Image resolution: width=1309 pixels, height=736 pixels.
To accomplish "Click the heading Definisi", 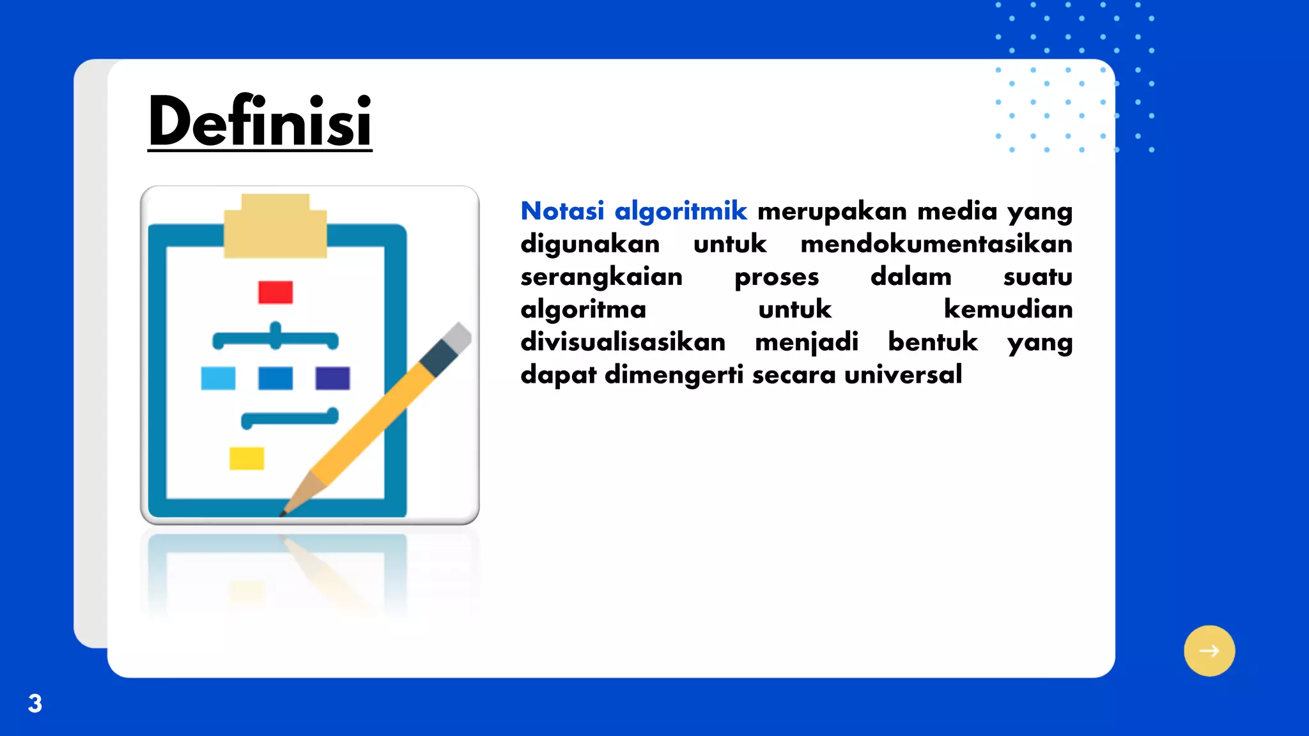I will click(259, 121).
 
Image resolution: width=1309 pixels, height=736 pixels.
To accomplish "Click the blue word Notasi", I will click(562, 211).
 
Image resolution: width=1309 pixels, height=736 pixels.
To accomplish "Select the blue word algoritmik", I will click(680, 211).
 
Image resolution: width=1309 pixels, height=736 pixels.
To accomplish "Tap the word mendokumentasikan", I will click(936, 244).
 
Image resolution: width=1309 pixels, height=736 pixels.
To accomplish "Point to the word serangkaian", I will click(601, 277).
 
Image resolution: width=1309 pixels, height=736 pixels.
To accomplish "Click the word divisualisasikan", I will click(623, 342).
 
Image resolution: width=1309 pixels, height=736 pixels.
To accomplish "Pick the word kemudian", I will click(1008, 309).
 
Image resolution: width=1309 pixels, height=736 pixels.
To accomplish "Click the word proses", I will click(776, 277).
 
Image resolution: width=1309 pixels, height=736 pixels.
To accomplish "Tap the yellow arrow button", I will click(1209, 650).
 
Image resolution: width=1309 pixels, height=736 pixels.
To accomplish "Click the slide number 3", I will click(35, 703).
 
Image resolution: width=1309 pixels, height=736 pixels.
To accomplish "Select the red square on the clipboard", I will click(275, 292).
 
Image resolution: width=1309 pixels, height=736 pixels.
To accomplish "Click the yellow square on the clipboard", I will click(247, 458).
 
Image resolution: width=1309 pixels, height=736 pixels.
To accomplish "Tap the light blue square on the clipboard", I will click(218, 378).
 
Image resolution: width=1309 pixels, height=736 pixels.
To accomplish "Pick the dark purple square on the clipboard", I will click(332, 378).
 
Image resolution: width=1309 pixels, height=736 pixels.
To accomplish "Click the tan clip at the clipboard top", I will click(275, 227).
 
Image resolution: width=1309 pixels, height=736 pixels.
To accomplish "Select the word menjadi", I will click(806, 342).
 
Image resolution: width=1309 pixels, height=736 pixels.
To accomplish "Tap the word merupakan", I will click(832, 211).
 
